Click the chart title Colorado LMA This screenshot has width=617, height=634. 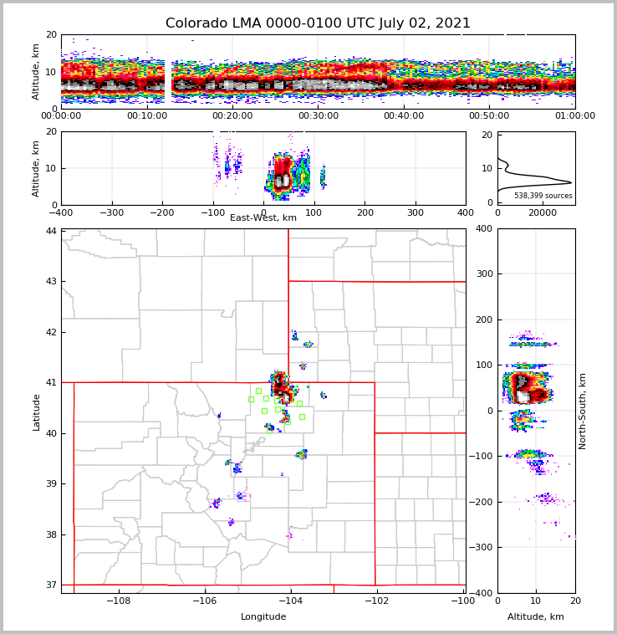pyautogui.click(x=318, y=23)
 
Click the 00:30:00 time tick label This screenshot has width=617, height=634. pyautogui.click(x=319, y=116)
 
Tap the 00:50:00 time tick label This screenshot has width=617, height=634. pyautogui.click(x=489, y=116)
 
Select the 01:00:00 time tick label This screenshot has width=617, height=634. pyautogui.click(x=574, y=116)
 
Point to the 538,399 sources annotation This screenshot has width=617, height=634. pyautogui.click(x=543, y=196)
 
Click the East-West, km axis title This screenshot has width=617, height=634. pyautogui.click(x=263, y=218)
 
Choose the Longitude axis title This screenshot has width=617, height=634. pyautogui.click(x=263, y=617)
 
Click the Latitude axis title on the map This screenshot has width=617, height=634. pyautogui.click(x=37, y=412)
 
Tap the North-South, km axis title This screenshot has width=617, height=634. pyautogui.click(x=583, y=411)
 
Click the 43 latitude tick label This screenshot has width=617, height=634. pyautogui.click(x=52, y=281)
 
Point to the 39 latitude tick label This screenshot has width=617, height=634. pyautogui.click(x=52, y=484)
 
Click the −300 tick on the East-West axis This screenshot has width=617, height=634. pyautogui.click(x=111, y=213)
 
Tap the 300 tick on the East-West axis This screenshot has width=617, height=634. pyautogui.click(x=416, y=213)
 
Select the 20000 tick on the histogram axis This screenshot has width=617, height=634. pyautogui.click(x=543, y=213)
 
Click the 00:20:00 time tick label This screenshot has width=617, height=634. pyautogui.click(x=232, y=116)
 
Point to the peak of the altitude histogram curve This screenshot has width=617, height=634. pyautogui.click(x=571, y=182)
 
